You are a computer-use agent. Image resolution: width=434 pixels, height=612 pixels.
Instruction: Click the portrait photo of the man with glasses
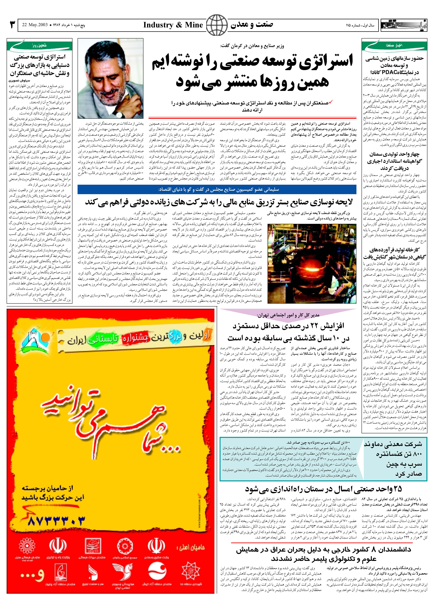point(110,78)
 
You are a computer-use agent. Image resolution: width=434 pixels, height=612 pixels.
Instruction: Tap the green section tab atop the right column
point(394,45)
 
